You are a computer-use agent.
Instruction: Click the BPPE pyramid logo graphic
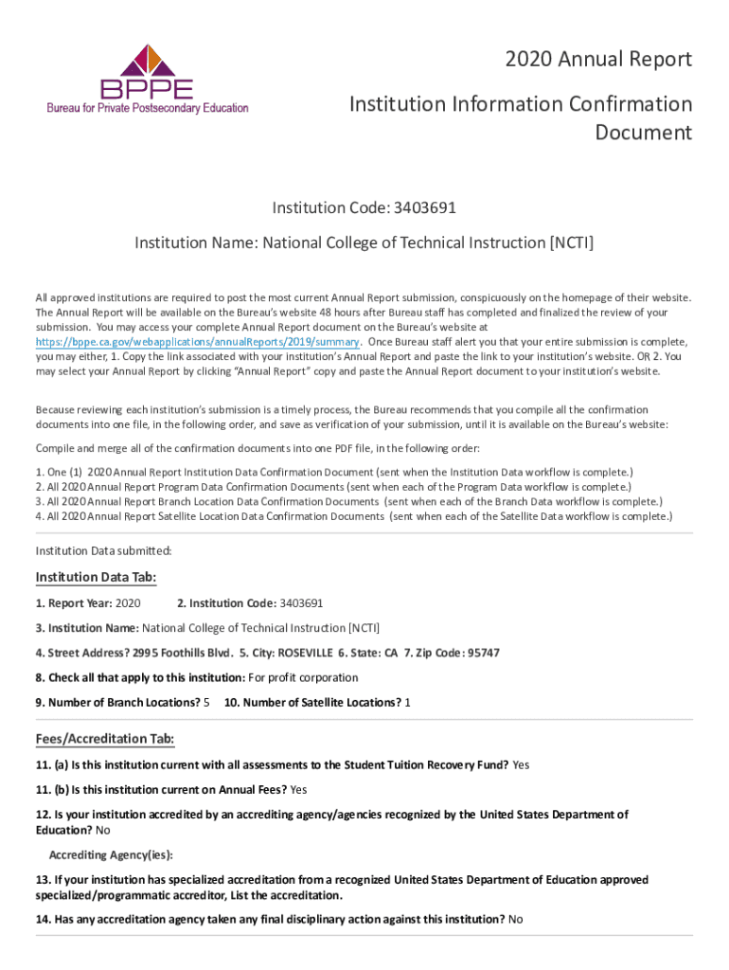click(x=147, y=63)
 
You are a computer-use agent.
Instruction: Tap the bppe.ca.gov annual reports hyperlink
click(x=197, y=341)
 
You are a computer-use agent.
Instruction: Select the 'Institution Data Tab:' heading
click(x=96, y=578)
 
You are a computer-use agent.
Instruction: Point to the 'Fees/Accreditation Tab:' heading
click(x=104, y=739)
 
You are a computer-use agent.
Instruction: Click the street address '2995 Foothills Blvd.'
click(x=183, y=653)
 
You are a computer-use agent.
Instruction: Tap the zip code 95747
click(x=483, y=653)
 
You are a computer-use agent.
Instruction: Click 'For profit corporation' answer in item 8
click(x=303, y=677)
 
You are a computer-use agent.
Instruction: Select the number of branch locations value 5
click(x=206, y=702)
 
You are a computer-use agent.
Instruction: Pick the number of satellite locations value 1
click(x=407, y=702)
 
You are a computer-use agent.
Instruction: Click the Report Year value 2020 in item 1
click(x=128, y=602)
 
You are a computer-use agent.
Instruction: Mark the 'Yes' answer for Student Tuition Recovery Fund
click(x=521, y=764)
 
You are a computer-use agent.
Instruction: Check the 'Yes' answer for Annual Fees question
click(x=299, y=789)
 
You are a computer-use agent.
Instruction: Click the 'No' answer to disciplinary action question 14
click(x=516, y=919)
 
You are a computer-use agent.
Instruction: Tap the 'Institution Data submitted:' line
click(x=103, y=550)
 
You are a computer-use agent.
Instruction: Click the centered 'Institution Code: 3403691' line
click(x=364, y=207)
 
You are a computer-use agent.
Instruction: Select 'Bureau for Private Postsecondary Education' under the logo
click(x=148, y=108)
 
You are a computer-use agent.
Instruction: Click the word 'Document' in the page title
click(x=643, y=133)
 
